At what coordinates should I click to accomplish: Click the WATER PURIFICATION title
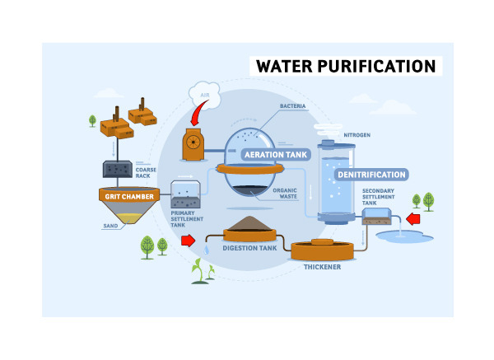pos(345,66)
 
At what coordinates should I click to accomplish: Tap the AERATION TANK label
pos(274,154)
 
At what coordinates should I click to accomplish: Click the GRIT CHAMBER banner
pos(128,196)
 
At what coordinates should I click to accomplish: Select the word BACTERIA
pos(293,106)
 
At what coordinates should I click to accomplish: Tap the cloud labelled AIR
pos(204,93)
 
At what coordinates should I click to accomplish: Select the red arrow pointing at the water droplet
pos(189,241)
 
